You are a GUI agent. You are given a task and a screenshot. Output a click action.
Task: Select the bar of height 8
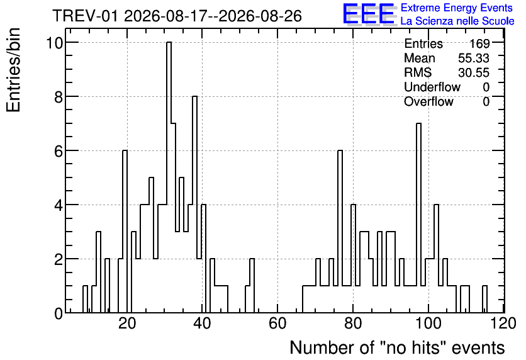[194, 205]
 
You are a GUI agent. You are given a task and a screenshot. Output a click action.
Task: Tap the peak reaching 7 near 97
[418, 218]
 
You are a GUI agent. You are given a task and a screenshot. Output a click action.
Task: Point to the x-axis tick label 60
[277, 323]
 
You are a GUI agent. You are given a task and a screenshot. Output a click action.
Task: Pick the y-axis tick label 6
[59, 151]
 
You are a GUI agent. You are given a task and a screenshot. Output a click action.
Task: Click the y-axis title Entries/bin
[13, 70]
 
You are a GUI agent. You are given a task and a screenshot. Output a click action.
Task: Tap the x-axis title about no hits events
[397, 347]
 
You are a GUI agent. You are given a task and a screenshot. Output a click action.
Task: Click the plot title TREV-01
[85, 16]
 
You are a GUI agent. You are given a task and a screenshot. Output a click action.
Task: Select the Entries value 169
[479, 43]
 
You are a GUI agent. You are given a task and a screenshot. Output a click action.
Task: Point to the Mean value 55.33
[474, 58]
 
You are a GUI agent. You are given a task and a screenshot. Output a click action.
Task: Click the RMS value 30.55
[474, 72]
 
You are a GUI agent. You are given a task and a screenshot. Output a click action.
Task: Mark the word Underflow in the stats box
[432, 87]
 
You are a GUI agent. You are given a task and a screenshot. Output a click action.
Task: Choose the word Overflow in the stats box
[428, 101]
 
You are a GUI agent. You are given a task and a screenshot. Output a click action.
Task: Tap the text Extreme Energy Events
[457, 8]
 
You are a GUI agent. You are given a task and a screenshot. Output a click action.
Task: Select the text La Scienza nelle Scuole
[457, 21]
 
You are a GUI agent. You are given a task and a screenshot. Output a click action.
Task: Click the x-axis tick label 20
[127, 323]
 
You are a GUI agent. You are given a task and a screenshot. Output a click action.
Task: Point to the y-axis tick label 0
[59, 313]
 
